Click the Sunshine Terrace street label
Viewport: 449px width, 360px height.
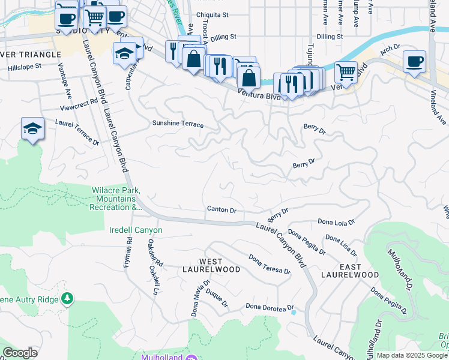tap(177, 125)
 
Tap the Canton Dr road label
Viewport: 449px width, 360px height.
tap(221, 211)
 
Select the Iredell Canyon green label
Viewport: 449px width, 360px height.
tap(136, 230)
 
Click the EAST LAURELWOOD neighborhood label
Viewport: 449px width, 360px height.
tap(349, 271)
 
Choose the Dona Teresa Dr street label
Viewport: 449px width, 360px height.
tap(270, 263)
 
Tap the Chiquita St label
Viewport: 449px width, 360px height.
tap(213, 16)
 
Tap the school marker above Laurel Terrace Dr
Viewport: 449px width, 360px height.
tap(33, 129)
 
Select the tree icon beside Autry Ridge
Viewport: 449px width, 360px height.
tap(68, 299)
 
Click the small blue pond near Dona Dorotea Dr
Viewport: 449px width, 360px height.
tap(293, 312)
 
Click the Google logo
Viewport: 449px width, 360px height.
tap(20, 353)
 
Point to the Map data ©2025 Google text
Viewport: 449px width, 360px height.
tap(412, 355)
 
